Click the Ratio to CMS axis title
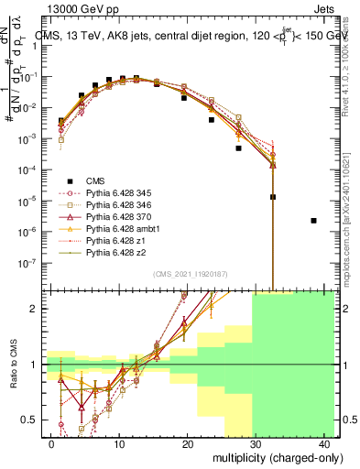tap(13, 365)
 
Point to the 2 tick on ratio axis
tap(37, 309)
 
